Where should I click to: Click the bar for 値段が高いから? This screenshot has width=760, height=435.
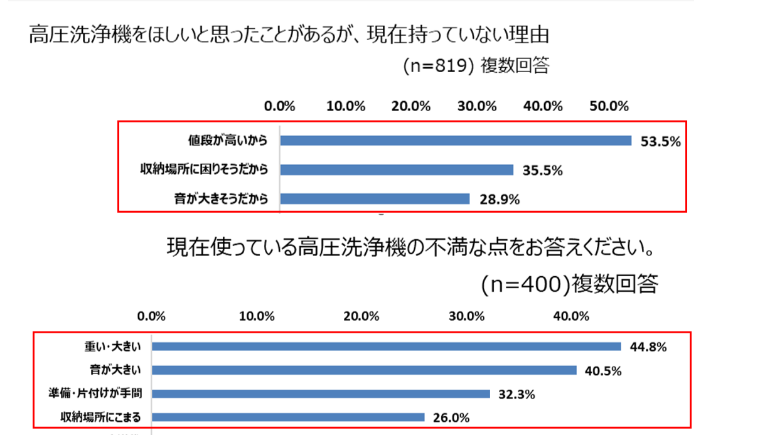pos(456,141)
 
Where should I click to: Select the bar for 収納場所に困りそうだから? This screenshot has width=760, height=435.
pos(397,169)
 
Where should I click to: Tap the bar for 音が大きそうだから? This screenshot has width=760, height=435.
pos(375,199)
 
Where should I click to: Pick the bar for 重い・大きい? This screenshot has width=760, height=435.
pos(386,346)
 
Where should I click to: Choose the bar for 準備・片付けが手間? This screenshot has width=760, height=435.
pos(321,394)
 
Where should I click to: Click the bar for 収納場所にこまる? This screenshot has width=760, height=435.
pos(288,417)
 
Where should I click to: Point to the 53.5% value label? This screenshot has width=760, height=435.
pos(660,142)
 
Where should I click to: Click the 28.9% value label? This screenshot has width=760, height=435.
pos(499,200)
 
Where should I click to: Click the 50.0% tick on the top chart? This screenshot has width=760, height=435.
pos(609,106)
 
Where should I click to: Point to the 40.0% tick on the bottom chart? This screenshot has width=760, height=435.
pos(569,315)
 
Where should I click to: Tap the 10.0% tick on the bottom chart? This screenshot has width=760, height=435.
pos(258,315)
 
